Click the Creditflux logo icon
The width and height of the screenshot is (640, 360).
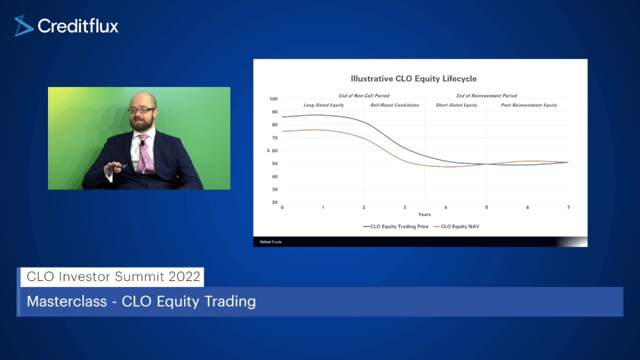[23, 26]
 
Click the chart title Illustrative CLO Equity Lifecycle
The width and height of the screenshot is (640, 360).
[414, 79]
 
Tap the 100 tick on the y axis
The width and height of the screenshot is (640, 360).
[274, 99]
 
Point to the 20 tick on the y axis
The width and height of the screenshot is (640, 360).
[275, 202]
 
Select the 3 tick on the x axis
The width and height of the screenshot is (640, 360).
[405, 207]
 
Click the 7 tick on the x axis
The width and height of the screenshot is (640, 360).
[569, 207]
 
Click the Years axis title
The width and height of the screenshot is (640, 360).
[425, 214]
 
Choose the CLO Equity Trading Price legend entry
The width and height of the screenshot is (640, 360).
[396, 227]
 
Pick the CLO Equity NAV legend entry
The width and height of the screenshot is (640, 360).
[457, 227]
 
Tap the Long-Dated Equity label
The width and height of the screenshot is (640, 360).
[323, 105]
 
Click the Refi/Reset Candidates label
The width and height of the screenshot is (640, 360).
[395, 105]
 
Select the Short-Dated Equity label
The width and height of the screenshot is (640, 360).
[457, 105]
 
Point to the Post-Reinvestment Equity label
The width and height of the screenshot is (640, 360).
[529, 105]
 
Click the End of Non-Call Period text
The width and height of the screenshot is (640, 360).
[364, 95]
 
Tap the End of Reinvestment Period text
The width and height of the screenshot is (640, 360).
[486, 95]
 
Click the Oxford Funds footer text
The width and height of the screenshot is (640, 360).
[270, 242]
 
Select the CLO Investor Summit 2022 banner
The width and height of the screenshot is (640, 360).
[113, 277]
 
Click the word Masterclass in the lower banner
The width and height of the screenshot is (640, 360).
[67, 301]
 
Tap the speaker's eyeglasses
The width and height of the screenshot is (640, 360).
[141, 110]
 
